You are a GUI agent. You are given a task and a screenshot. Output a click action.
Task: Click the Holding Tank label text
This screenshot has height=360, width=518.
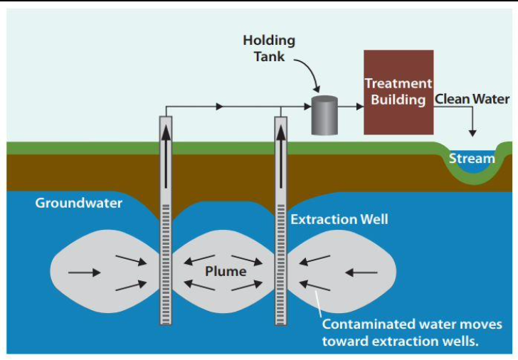[268, 48]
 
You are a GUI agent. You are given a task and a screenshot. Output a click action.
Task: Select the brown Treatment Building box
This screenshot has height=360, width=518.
[398, 92]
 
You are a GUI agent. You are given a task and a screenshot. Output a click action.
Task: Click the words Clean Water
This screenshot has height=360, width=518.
[472, 99]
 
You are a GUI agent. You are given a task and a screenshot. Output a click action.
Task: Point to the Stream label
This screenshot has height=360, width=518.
[471, 158]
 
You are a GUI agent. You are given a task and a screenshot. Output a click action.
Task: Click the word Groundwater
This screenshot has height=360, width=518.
[79, 203]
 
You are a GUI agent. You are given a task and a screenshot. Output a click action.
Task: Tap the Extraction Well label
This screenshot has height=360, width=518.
[339, 219]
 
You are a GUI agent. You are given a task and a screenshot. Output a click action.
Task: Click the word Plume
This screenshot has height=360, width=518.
[226, 271]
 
